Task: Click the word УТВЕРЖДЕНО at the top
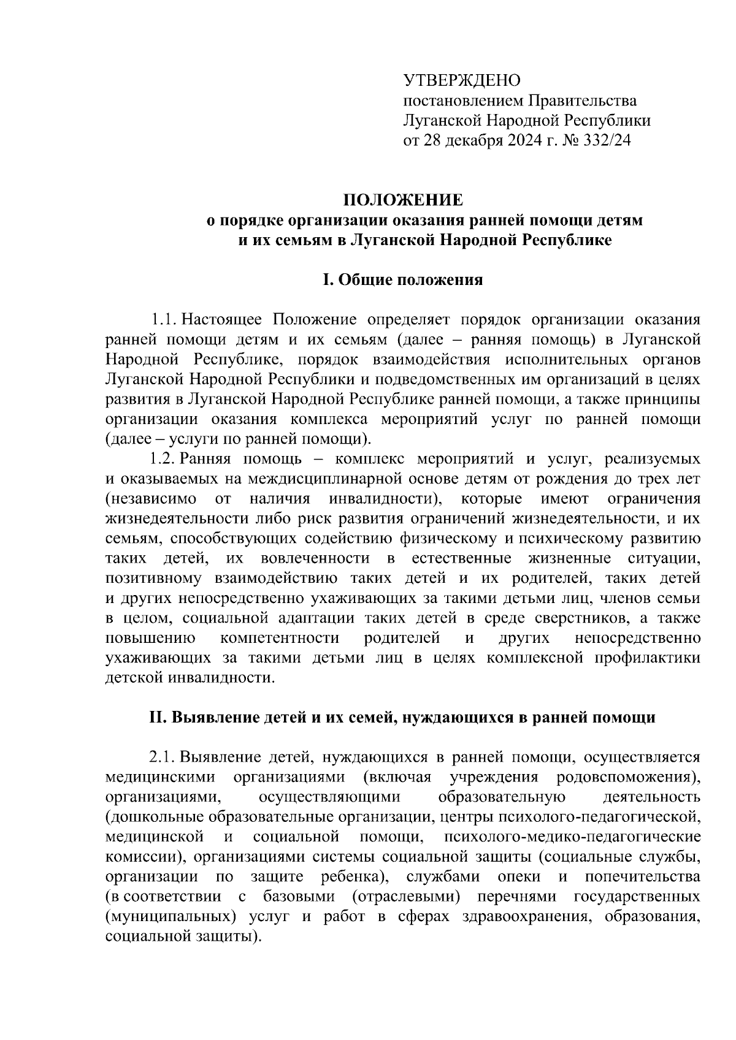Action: click(462, 80)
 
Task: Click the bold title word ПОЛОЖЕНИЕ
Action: click(402, 200)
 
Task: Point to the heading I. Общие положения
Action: click(402, 280)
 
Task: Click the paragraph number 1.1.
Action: click(164, 320)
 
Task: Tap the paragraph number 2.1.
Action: click(164, 757)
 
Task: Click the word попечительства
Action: click(643, 877)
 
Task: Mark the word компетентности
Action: click(280, 638)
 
